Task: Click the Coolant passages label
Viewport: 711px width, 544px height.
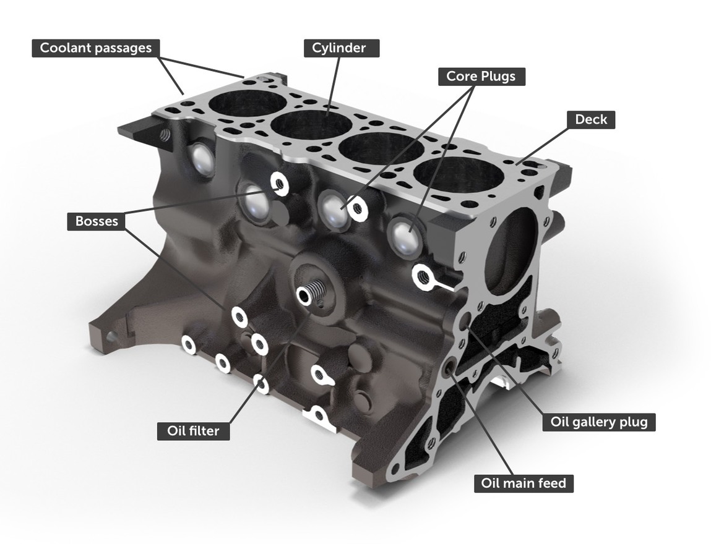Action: tap(95, 48)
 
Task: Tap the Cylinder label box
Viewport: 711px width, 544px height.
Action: tap(341, 48)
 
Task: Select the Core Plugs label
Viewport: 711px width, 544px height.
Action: tap(481, 77)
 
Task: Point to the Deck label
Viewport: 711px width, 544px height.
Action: tap(591, 119)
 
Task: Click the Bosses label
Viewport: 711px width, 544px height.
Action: tap(96, 221)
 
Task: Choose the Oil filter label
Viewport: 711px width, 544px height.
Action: tap(192, 431)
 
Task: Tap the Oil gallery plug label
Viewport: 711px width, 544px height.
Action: tap(598, 422)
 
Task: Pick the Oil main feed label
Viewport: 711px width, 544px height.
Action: tap(524, 483)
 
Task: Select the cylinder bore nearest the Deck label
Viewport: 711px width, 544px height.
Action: tap(459, 175)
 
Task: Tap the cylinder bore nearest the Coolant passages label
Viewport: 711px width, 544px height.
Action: tap(247, 102)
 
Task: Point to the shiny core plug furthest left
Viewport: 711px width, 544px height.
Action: tap(202, 159)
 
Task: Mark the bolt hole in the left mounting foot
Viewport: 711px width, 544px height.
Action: tap(111, 337)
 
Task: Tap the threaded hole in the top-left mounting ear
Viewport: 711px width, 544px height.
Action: tap(165, 135)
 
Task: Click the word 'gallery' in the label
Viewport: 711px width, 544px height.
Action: tap(598, 422)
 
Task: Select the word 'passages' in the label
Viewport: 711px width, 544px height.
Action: tap(123, 48)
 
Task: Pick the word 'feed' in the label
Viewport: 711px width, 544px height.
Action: tap(551, 483)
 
